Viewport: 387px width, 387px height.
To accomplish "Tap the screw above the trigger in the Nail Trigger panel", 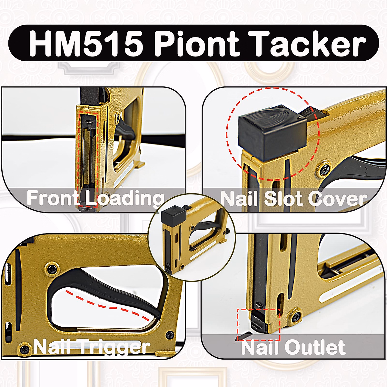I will (x=52, y=268).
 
